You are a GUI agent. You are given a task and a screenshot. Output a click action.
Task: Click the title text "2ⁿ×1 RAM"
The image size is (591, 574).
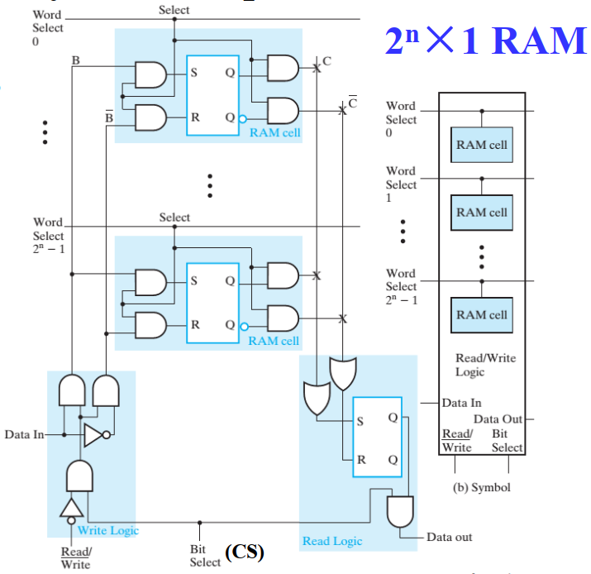pyautogui.click(x=484, y=39)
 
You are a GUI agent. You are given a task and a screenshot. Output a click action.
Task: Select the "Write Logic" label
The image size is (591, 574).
pyautogui.click(x=108, y=530)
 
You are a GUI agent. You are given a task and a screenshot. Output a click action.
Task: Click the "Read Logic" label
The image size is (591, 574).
pyautogui.click(x=331, y=541)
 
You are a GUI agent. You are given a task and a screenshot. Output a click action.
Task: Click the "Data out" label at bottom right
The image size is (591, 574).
pyautogui.click(x=450, y=537)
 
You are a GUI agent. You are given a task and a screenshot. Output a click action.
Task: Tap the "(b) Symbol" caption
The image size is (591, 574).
pyautogui.click(x=482, y=487)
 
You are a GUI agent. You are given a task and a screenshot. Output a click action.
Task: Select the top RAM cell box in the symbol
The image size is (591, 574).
pyautogui.click(x=482, y=145)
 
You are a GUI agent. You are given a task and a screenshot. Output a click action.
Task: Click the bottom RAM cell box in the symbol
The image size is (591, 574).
pyautogui.click(x=482, y=315)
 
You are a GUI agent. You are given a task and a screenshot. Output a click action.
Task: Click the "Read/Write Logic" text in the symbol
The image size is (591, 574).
pyautogui.click(x=482, y=365)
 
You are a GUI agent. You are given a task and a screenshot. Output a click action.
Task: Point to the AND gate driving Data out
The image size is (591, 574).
pyautogui.click(x=400, y=509)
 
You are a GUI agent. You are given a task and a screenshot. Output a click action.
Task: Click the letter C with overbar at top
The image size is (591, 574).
pyautogui.click(x=353, y=103)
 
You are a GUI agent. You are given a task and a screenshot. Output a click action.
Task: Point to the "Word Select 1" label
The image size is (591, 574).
pyautogui.click(x=401, y=184)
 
